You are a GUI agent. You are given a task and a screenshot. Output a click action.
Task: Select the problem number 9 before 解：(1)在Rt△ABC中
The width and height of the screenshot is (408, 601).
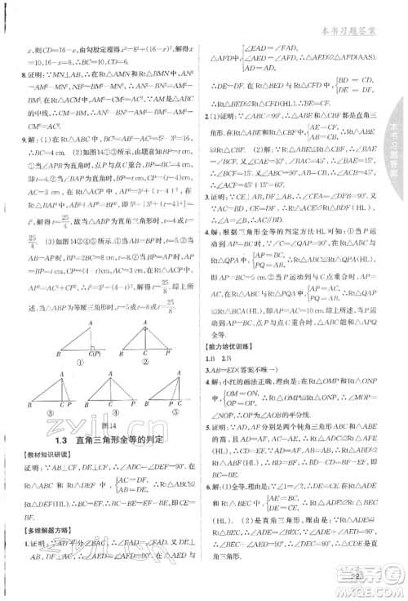[32, 139]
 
